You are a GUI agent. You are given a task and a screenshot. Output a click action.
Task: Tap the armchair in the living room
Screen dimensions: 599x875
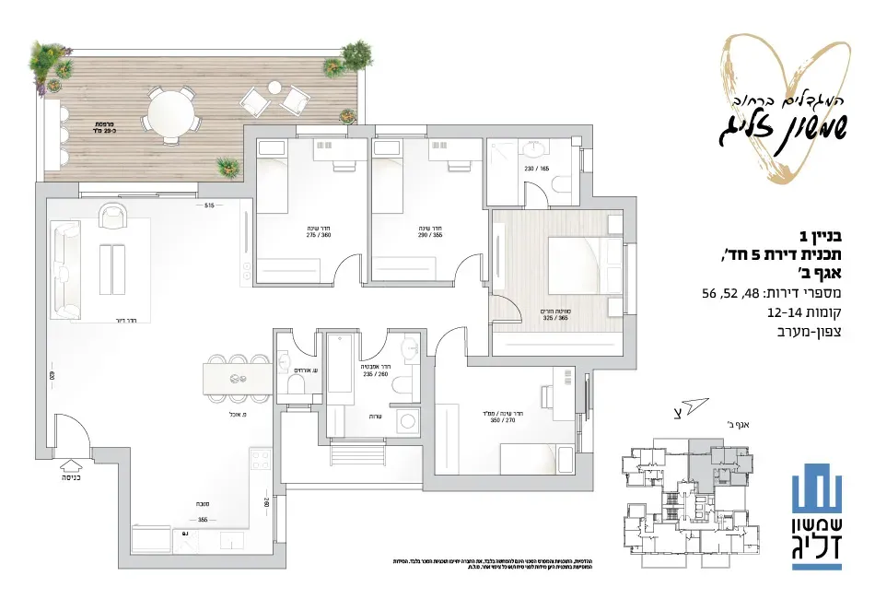tap(112, 217)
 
